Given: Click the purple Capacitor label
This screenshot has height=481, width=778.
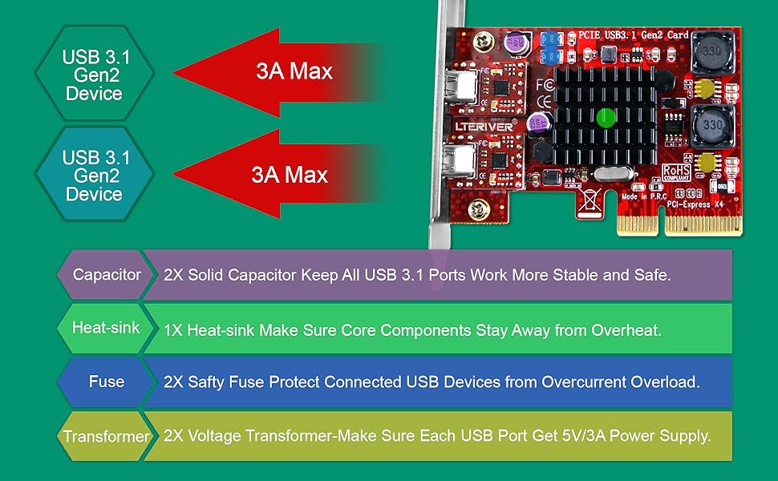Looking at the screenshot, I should [x=106, y=275].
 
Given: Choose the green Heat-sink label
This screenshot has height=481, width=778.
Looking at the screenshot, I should [x=105, y=328].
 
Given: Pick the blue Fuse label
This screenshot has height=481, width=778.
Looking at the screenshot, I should [x=106, y=382].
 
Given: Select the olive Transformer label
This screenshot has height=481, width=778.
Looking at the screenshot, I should [x=106, y=437].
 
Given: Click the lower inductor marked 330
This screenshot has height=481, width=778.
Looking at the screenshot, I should [x=709, y=124].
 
